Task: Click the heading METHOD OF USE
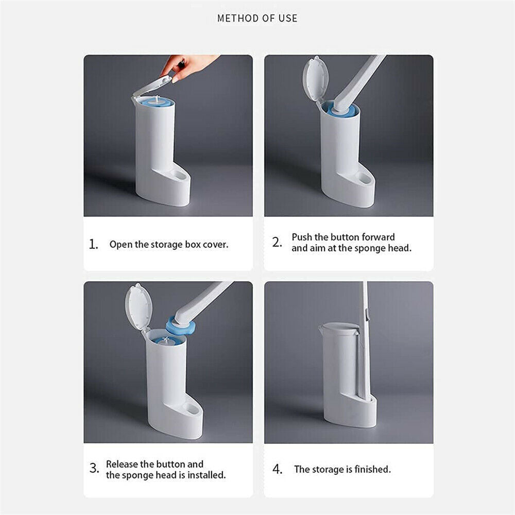point(257,18)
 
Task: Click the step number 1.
point(94,244)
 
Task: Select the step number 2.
point(277,243)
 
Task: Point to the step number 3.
point(94,468)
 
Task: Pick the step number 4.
point(278,469)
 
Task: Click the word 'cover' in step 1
point(215,245)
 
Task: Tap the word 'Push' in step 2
point(302,237)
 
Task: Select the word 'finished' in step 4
point(373,469)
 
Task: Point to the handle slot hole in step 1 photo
point(180,176)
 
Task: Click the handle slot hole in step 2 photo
point(364,178)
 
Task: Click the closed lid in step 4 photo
point(338,328)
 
